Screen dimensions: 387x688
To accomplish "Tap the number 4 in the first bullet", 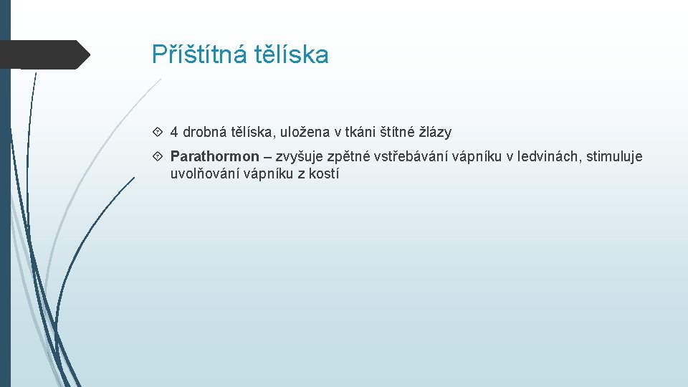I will (174, 133).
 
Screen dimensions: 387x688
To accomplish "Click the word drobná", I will (204, 133).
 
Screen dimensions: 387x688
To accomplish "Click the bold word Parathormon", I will (215, 157).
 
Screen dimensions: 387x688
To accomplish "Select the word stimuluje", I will (615, 157).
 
